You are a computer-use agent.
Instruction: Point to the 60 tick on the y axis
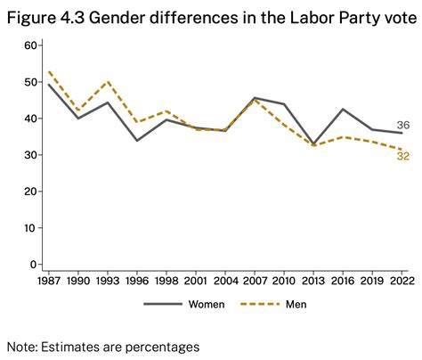coord(31,45)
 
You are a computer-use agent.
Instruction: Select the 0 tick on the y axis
coord(34,265)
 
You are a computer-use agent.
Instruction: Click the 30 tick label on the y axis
coord(31,155)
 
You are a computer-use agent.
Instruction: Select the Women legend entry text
coord(206,304)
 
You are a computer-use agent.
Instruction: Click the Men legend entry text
coord(296,304)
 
